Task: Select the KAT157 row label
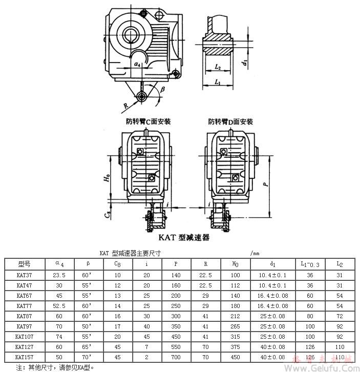tap(25, 357)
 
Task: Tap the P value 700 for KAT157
tap(176, 357)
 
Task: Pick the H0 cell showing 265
tap(236, 326)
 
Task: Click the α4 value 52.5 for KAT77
tap(60, 305)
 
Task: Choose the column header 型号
tap(24, 264)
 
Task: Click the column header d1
tap(272, 264)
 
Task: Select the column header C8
tap(117, 264)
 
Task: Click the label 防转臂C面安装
tap(148, 121)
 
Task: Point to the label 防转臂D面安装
tap(230, 121)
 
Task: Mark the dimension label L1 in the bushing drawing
tap(217, 82)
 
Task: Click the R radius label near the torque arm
tap(125, 106)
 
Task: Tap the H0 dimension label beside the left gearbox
tap(107, 178)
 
